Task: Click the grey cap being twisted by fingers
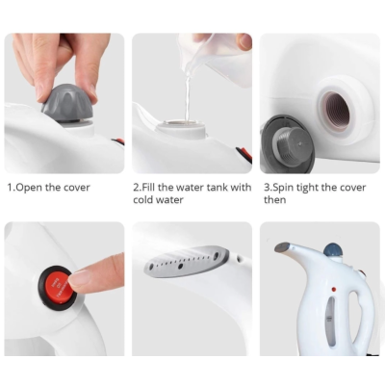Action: pyautogui.click(x=67, y=103)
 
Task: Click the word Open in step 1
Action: pyautogui.click(x=29, y=188)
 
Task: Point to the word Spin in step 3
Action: pyautogui.click(x=283, y=188)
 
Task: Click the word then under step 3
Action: pyautogui.click(x=274, y=200)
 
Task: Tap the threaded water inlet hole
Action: pyautogui.click(x=336, y=110)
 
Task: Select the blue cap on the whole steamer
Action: pyautogui.click(x=332, y=249)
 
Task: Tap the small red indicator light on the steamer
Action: pyautogui.click(x=334, y=289)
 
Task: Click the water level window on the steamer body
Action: pyautogui.click(x=330, y=321)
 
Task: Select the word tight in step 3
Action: pyautogui.click(x=307, y=189)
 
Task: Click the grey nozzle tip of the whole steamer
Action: pyautogui.click(x=282, y=246)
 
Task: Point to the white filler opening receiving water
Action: pyautogui.click(x=182, y=128)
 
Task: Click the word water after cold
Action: pyautogui.click(x=171, y=199)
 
